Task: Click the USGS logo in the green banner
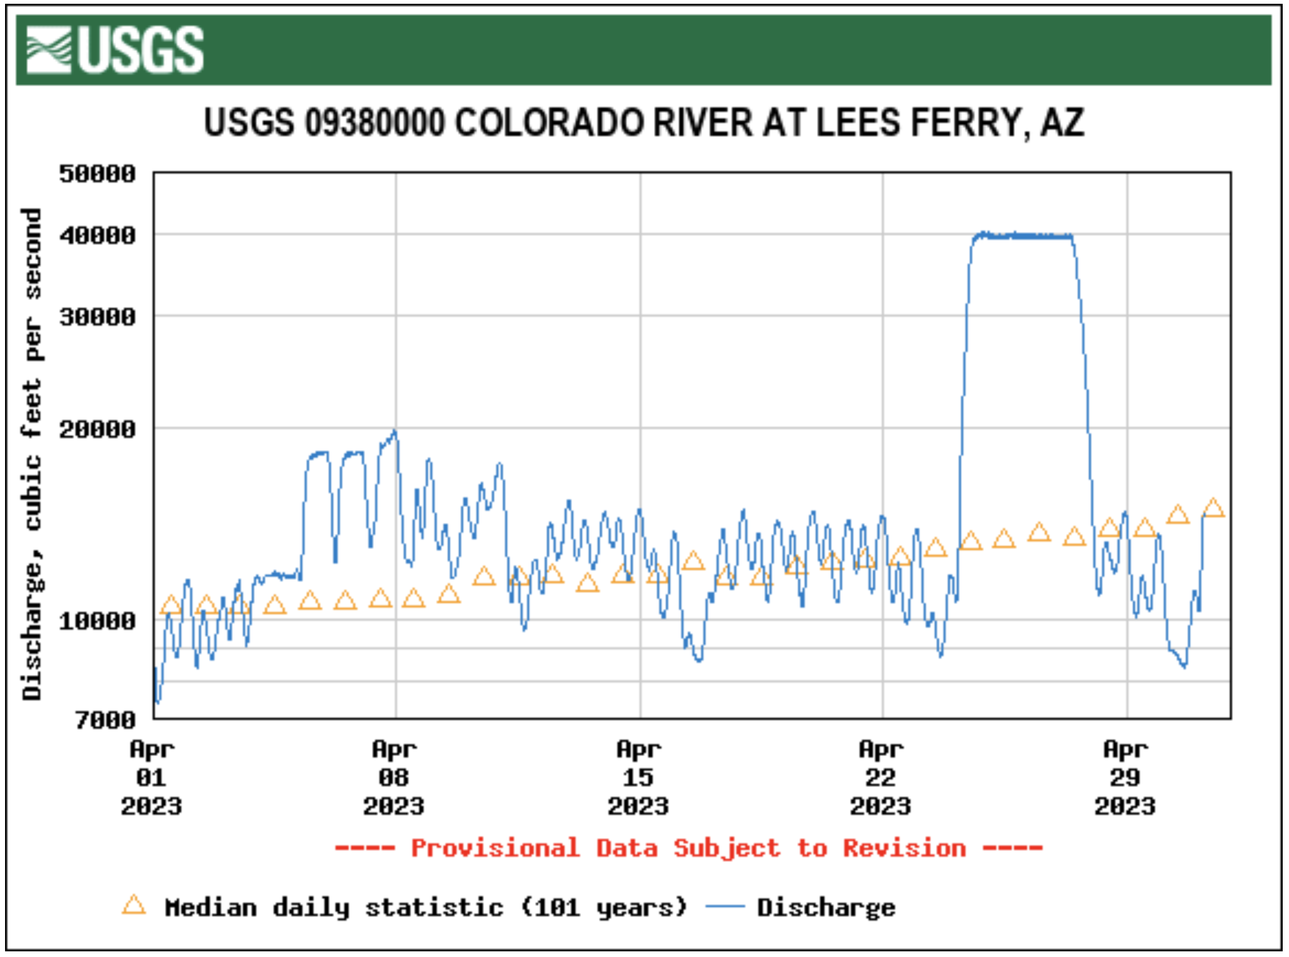(x=115, y=50)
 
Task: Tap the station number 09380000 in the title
(x=374, y=123)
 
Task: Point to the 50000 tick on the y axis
(x=98, y=174)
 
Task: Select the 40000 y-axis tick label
(x=98, y=235)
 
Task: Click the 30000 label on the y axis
(x=98, y=317)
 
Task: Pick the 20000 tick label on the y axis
(x=98, y=429)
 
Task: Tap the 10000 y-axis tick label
(x=98, y=621)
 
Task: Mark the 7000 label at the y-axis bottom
(x=105, y=719)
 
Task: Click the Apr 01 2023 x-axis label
(x=152, y=778)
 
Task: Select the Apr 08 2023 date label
(x=394, y=778)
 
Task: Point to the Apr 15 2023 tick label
(x=638, y=778)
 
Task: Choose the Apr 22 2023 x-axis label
(x=881, y=778)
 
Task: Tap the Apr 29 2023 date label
(x=1125, y=778)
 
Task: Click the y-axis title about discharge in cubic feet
(x=31, y=453)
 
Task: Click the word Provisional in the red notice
(x=495, y=848)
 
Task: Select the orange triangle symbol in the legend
(x=134, y=905)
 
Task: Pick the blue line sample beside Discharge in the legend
(x=724, y=907)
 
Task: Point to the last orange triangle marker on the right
(x=1213, y=508)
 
